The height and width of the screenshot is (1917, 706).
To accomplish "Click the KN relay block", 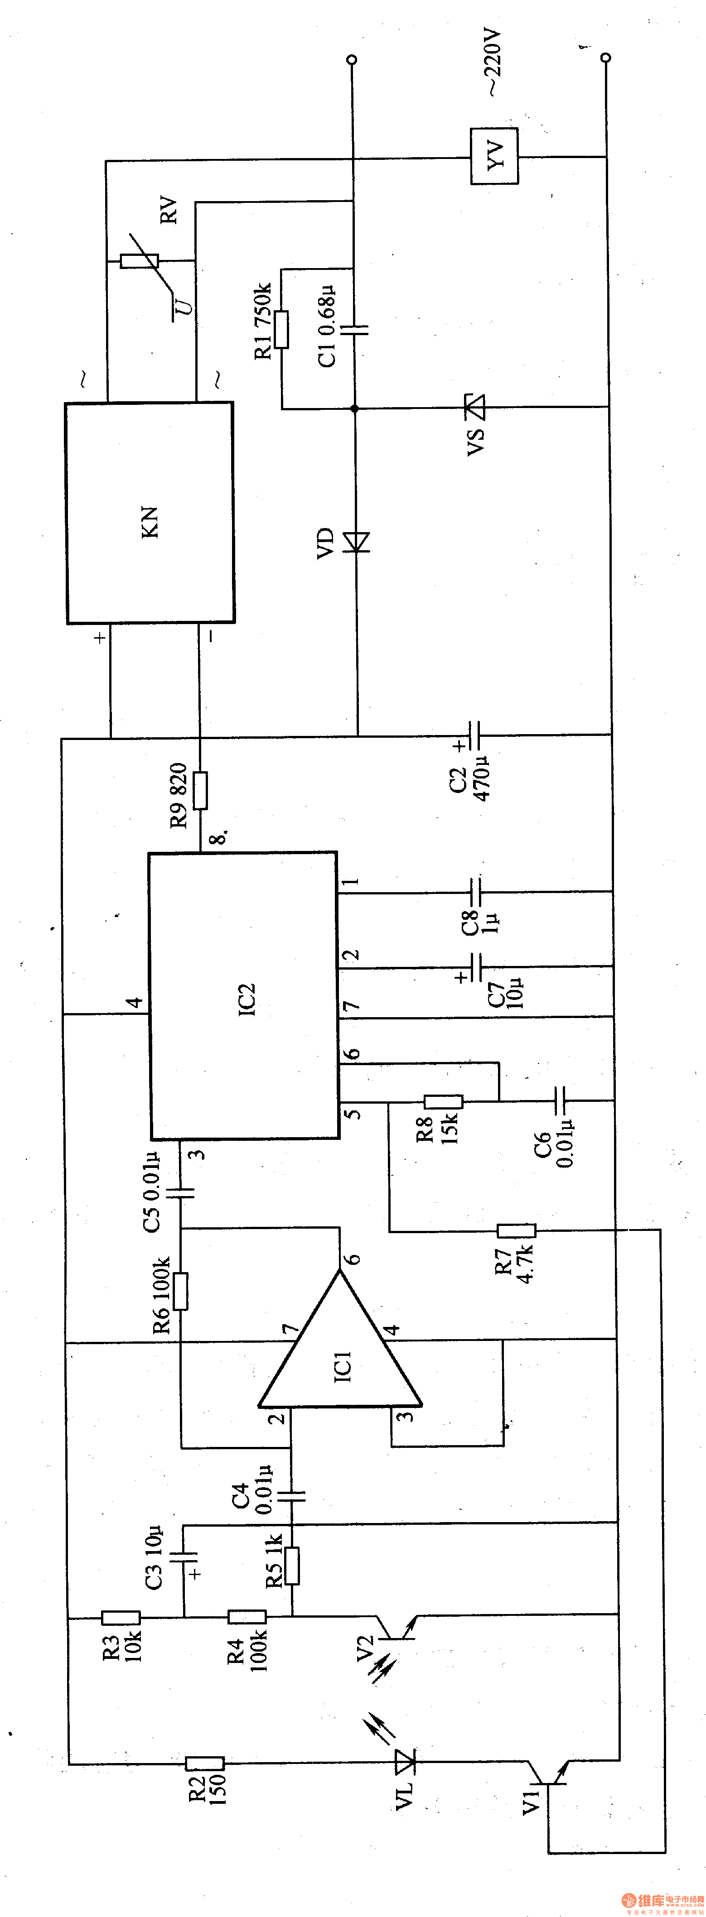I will tap(150, 514).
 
